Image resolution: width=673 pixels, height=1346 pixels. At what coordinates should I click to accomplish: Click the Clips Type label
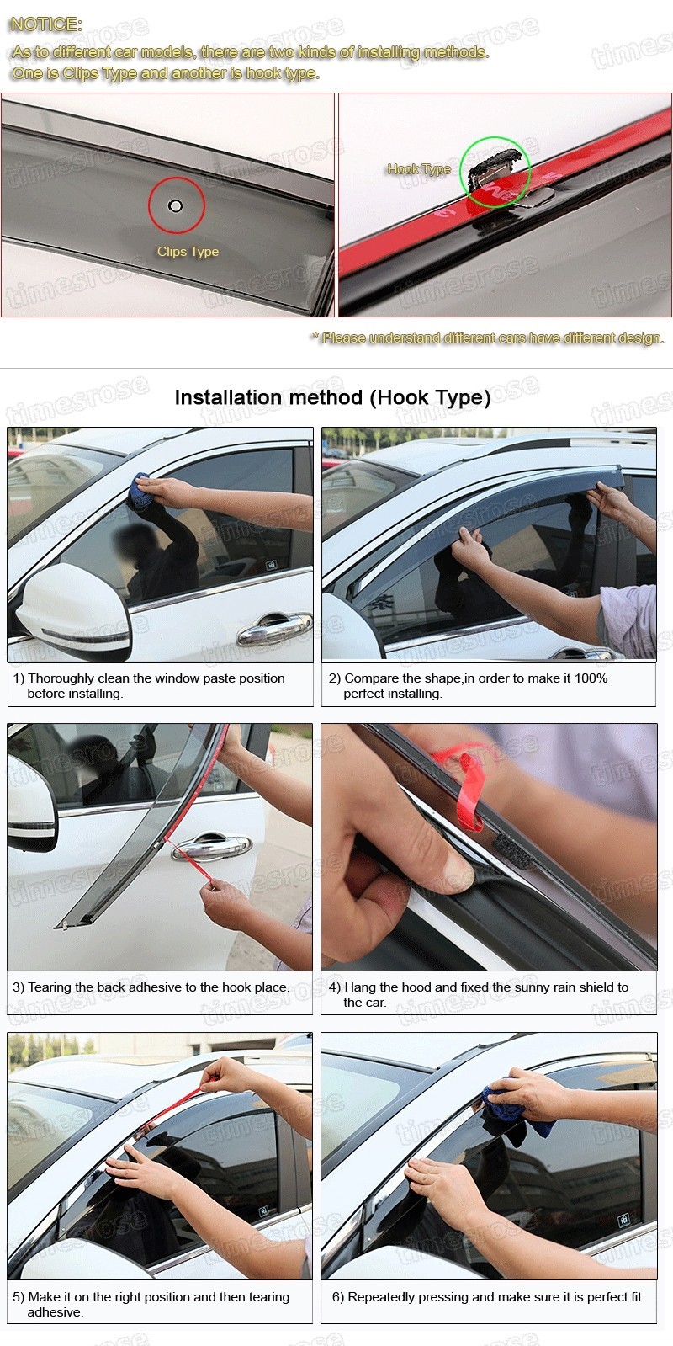pyautogui.click(x=188, y=252)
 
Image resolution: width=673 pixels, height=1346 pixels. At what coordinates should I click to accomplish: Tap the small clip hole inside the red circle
pyautogui.click(x=175, y=206)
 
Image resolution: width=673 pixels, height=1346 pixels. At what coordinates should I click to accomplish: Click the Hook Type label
pyautogui.click(x=419, y=169)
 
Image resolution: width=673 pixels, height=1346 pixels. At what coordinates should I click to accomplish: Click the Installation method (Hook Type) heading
pyautogui.click(x=332, y=397)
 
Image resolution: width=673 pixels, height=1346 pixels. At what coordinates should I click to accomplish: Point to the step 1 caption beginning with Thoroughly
pyautogui.click(x=156, y=685)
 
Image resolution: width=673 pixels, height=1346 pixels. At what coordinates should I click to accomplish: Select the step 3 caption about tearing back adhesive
pyautogui.click(x=151, y=987)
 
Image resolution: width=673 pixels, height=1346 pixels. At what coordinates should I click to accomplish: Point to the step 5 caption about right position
pyautogui.click(x=151, y=1304)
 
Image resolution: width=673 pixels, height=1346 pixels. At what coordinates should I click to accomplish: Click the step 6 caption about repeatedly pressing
pyautogui.click(x=488, y=1297)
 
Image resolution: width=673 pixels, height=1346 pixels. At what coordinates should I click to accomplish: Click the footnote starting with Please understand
pyautogui.click(x=488, y=338)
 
